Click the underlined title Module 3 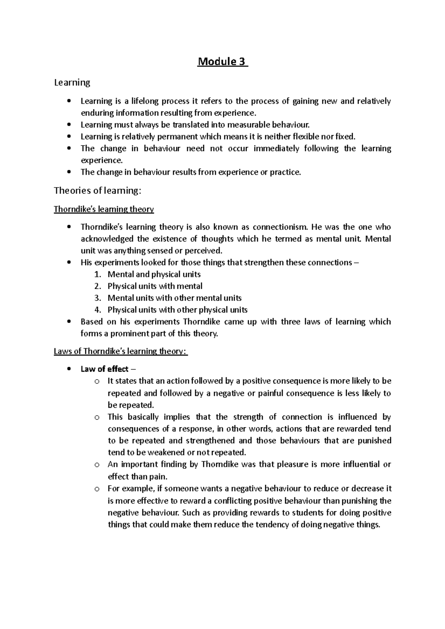point(222,61)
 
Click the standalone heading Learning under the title point(72,82)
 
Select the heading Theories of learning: point(98,190)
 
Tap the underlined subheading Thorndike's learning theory point(104,209)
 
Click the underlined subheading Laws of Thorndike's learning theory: point(121,351)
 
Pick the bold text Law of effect point(105,369)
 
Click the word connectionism point(280,227)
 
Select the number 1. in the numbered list point(98,274)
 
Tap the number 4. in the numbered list point(98,310)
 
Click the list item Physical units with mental point(155,286)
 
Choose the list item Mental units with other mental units point(174,298)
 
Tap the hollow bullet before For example point(97,489)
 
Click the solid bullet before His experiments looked point(69,263)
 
